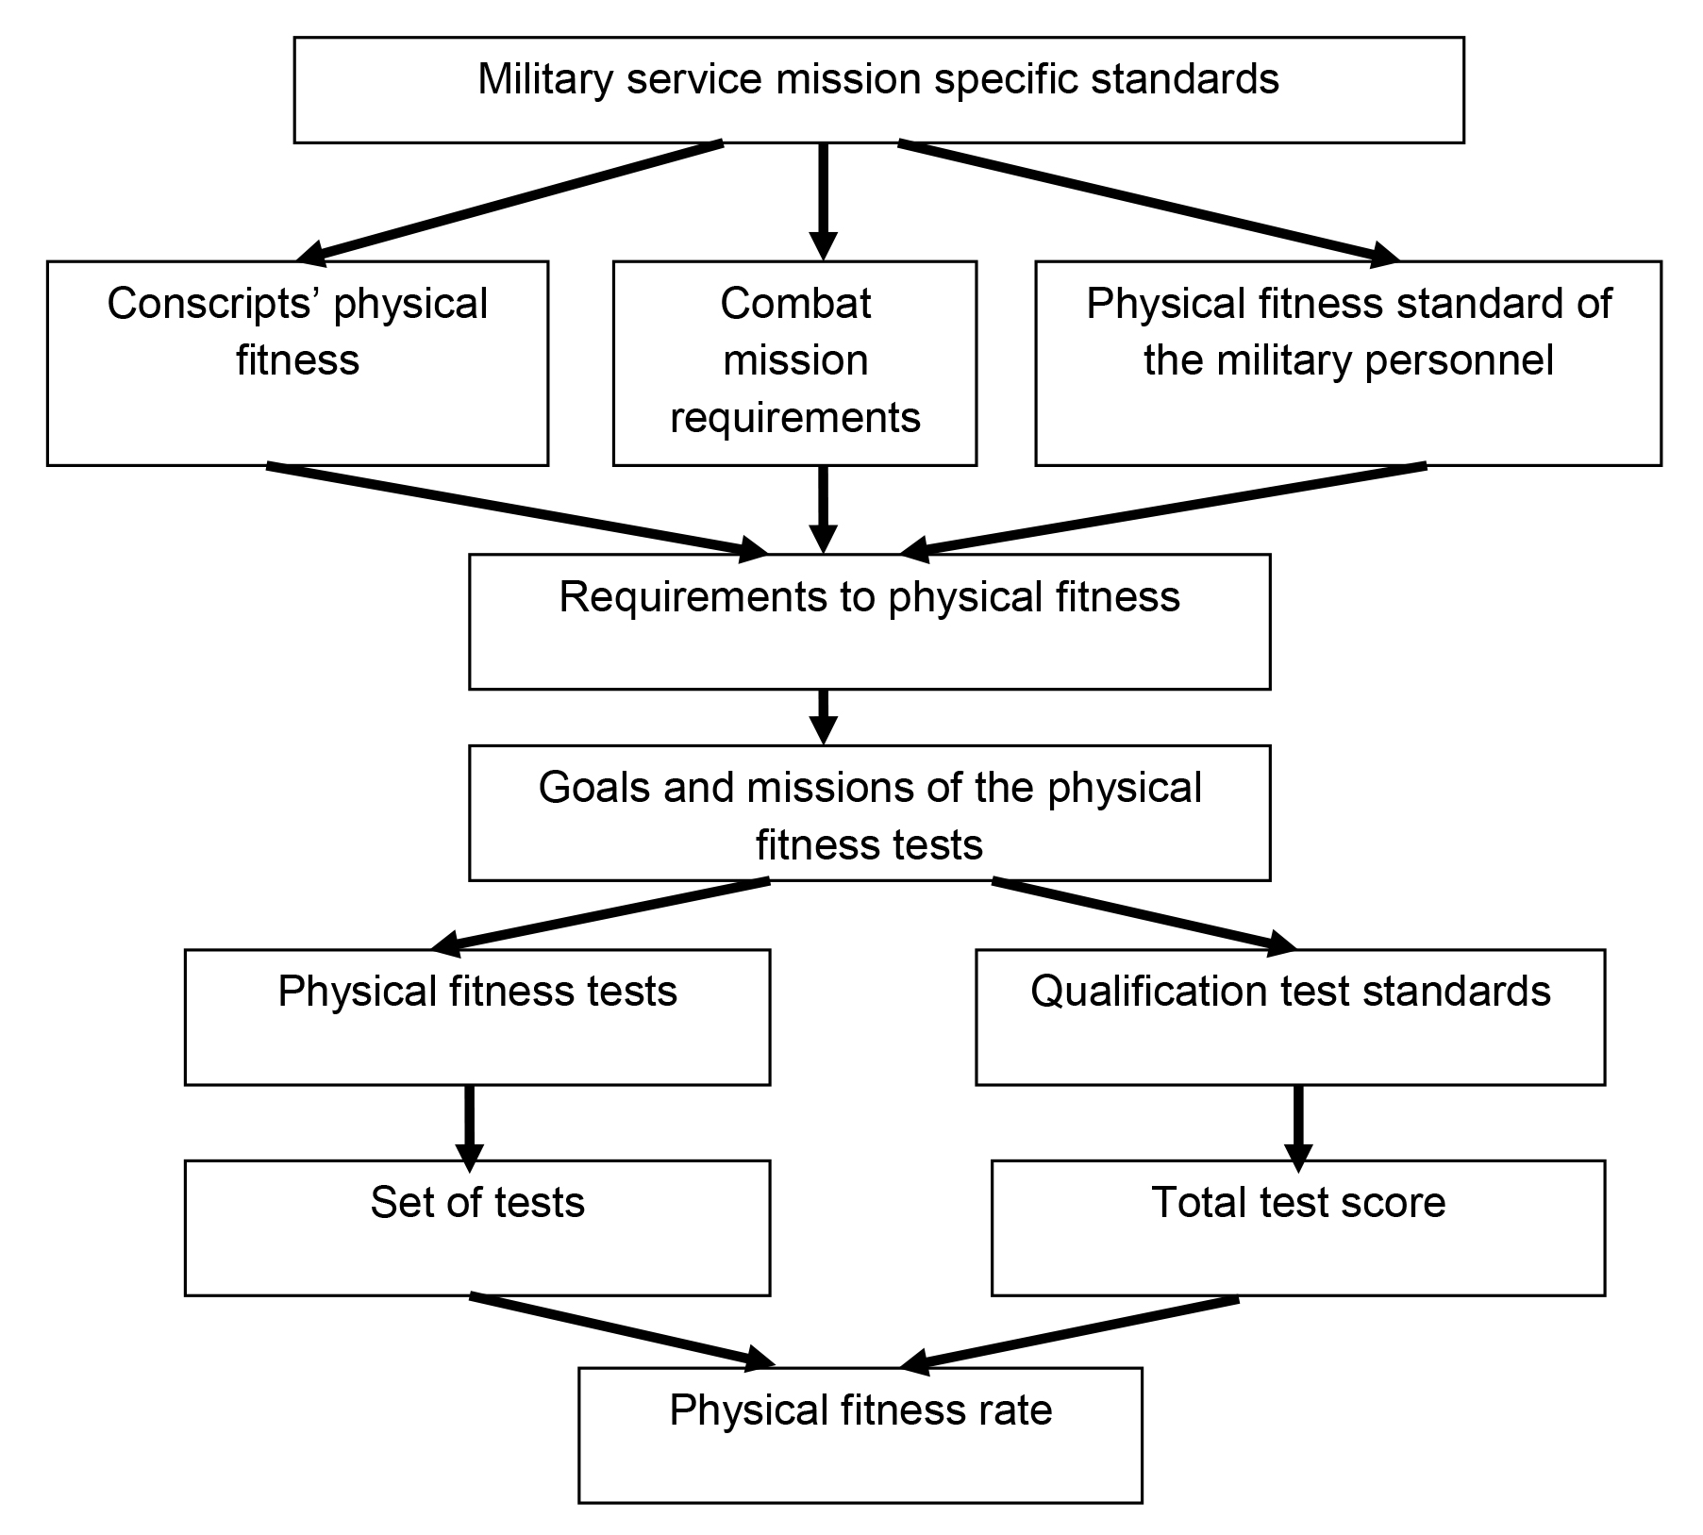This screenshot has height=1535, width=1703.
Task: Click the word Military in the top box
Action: coord(546,79)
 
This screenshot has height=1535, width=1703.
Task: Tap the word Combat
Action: coord(795,304)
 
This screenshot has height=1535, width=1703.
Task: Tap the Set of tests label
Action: coord(477,1203)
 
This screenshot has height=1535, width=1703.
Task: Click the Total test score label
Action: coord(1298,1203)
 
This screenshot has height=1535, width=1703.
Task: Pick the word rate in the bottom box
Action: coord(1016,1410)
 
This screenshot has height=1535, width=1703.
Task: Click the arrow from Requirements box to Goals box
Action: coord(824,716)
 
